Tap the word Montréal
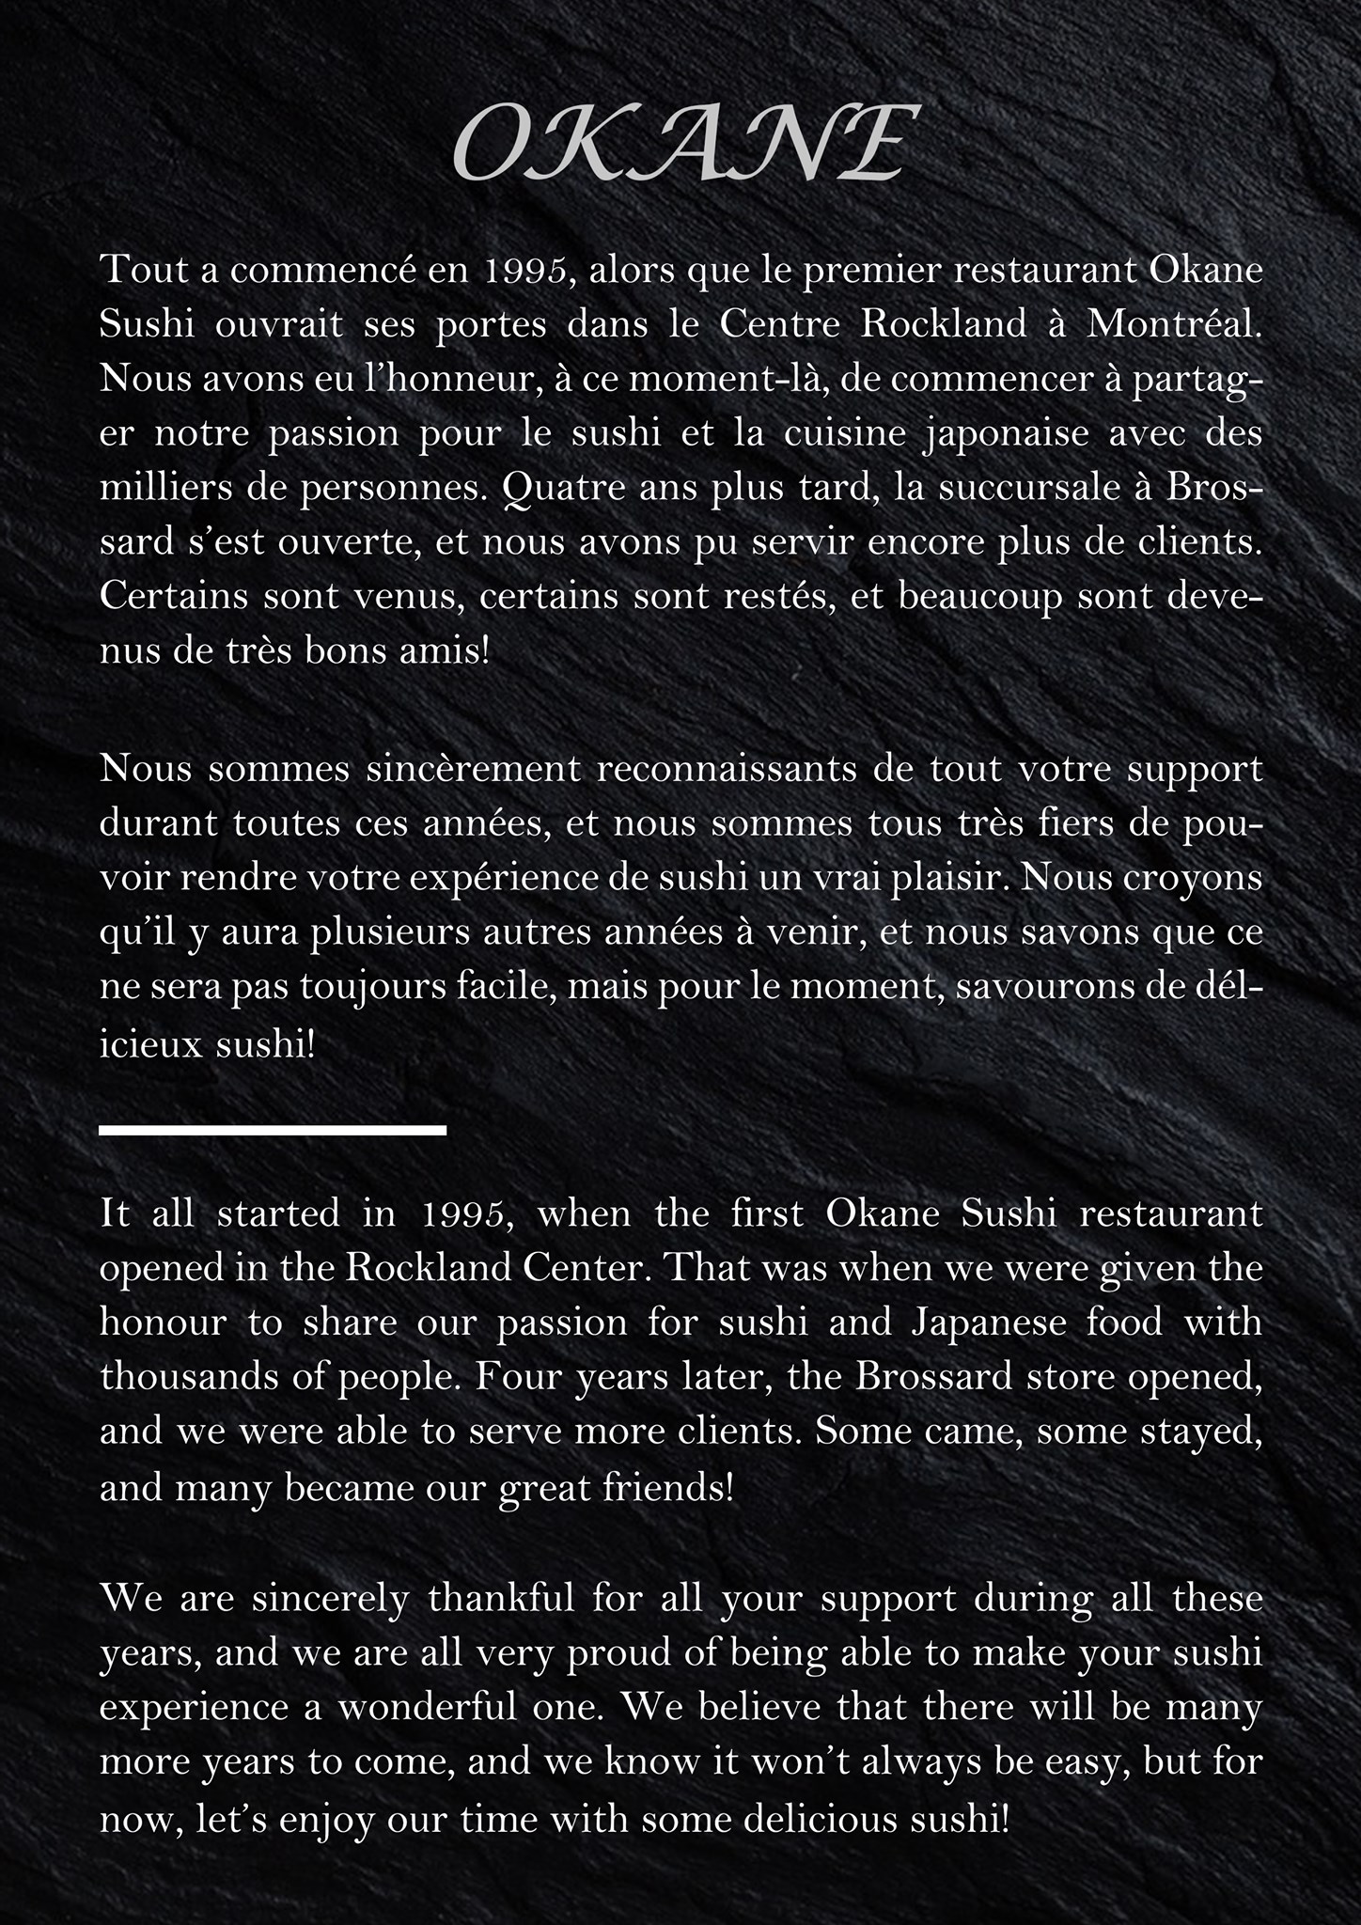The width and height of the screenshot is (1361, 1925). [x=1174, y=323]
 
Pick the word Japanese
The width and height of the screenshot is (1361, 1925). [x=987, y=1322]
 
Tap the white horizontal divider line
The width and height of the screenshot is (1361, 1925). [x=273, y=1130]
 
